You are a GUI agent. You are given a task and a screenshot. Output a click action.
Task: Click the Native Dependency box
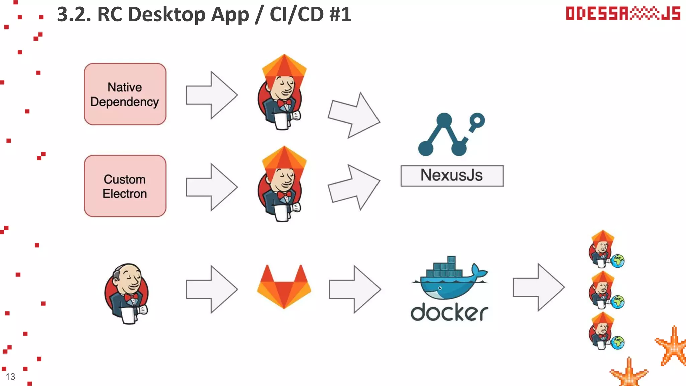click(x=125, y=94)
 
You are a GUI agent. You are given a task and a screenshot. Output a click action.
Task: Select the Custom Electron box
click(x=125, y=186)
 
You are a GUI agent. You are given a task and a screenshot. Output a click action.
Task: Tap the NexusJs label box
click(x=452, y=176)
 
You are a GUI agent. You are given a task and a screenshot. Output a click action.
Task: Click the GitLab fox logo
click(x=284, y=287)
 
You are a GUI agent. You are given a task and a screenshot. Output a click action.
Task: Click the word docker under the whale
click(x=449, y=312)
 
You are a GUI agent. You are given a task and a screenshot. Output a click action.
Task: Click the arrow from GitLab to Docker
click(x=354, y=289)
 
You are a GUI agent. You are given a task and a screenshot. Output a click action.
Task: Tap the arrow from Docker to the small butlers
click(x=538, y=287)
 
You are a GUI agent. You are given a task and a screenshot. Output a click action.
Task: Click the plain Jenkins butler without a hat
click(x=127, y=293)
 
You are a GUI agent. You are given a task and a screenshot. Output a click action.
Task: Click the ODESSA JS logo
click(x=623, y=14)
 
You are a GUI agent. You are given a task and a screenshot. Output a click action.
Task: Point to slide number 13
click(x=10, y=377)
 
